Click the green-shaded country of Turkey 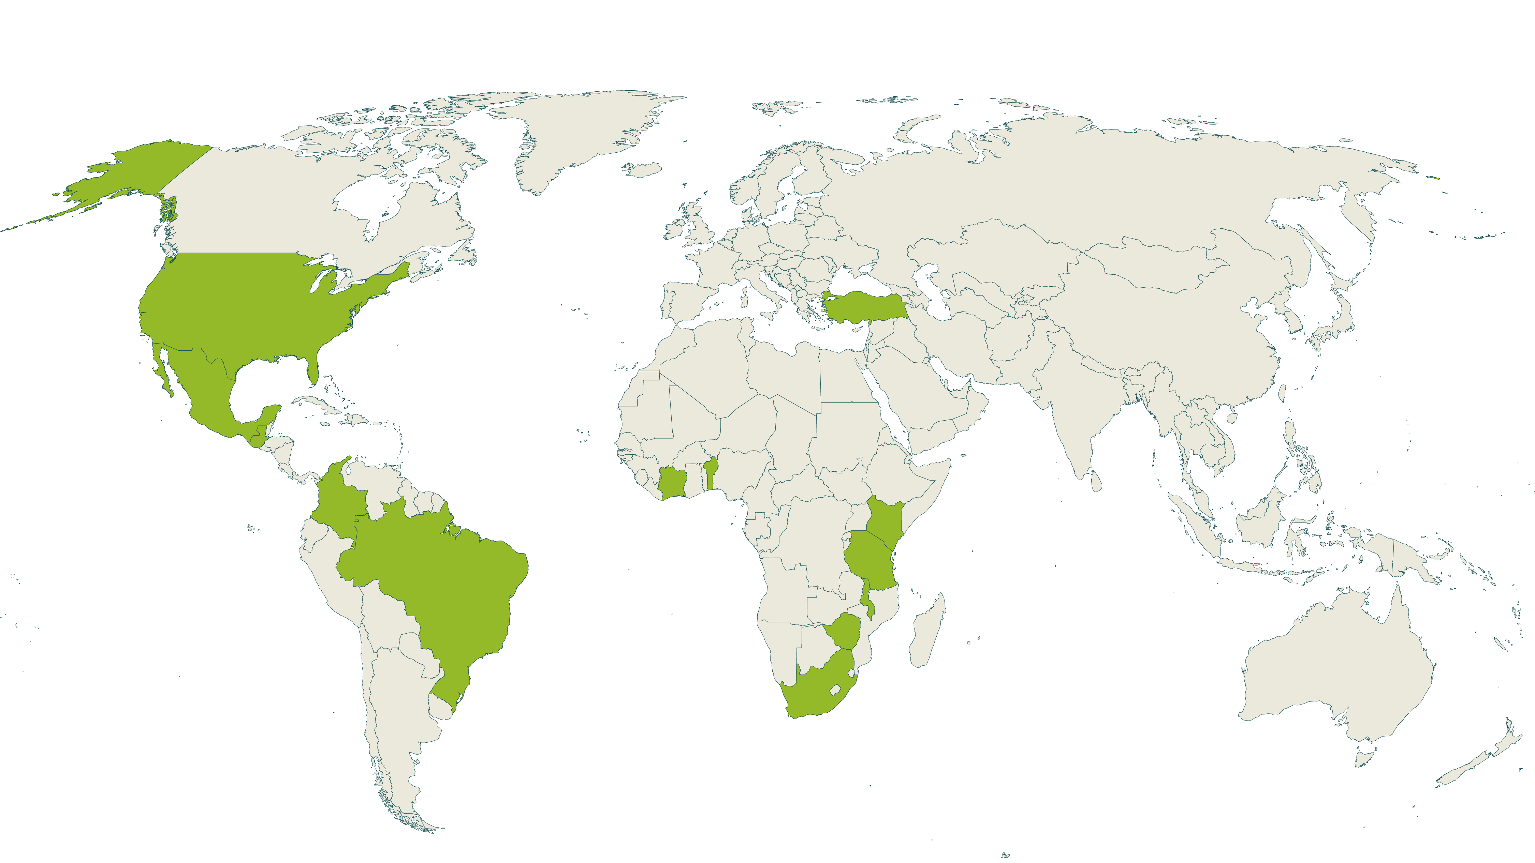click(864, 307)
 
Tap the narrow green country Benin click(710, 473)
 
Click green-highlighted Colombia click(337, 500)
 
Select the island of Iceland click(642, 170)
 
